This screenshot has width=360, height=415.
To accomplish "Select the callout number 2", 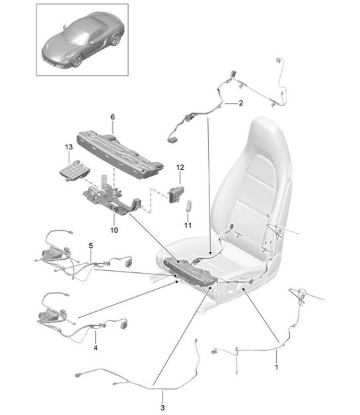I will (x=240, y=103).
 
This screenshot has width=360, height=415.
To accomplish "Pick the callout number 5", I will (x=90, y=246).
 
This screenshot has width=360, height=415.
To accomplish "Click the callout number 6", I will (x=112, y=117).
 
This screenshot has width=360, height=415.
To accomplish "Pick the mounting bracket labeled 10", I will (x=112, y=198).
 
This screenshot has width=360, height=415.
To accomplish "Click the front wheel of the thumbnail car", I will (x=77, y=61).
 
